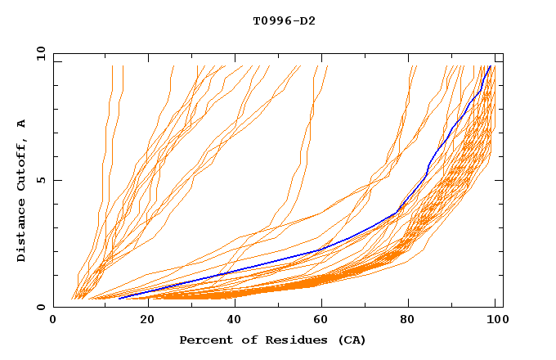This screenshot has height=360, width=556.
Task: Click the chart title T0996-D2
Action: click(x=284, y=20)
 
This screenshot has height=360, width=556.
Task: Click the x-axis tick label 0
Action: click(x=53, y=321)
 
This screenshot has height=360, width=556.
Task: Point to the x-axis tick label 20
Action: click(x=143, y=321)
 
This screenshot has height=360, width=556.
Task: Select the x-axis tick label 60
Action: click(x=321, y=321)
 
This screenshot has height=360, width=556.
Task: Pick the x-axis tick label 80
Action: click(x=410, y=321)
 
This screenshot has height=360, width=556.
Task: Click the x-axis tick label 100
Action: click(x=496, y=321)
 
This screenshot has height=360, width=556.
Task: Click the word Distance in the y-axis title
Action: click(x=22, y=230)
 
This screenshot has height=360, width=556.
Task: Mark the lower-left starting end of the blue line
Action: click(x=119, y=299)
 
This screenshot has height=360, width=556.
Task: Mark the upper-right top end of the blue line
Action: click(x=489, y=66)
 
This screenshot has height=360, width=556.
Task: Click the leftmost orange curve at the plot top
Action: click(x=112, y=67)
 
